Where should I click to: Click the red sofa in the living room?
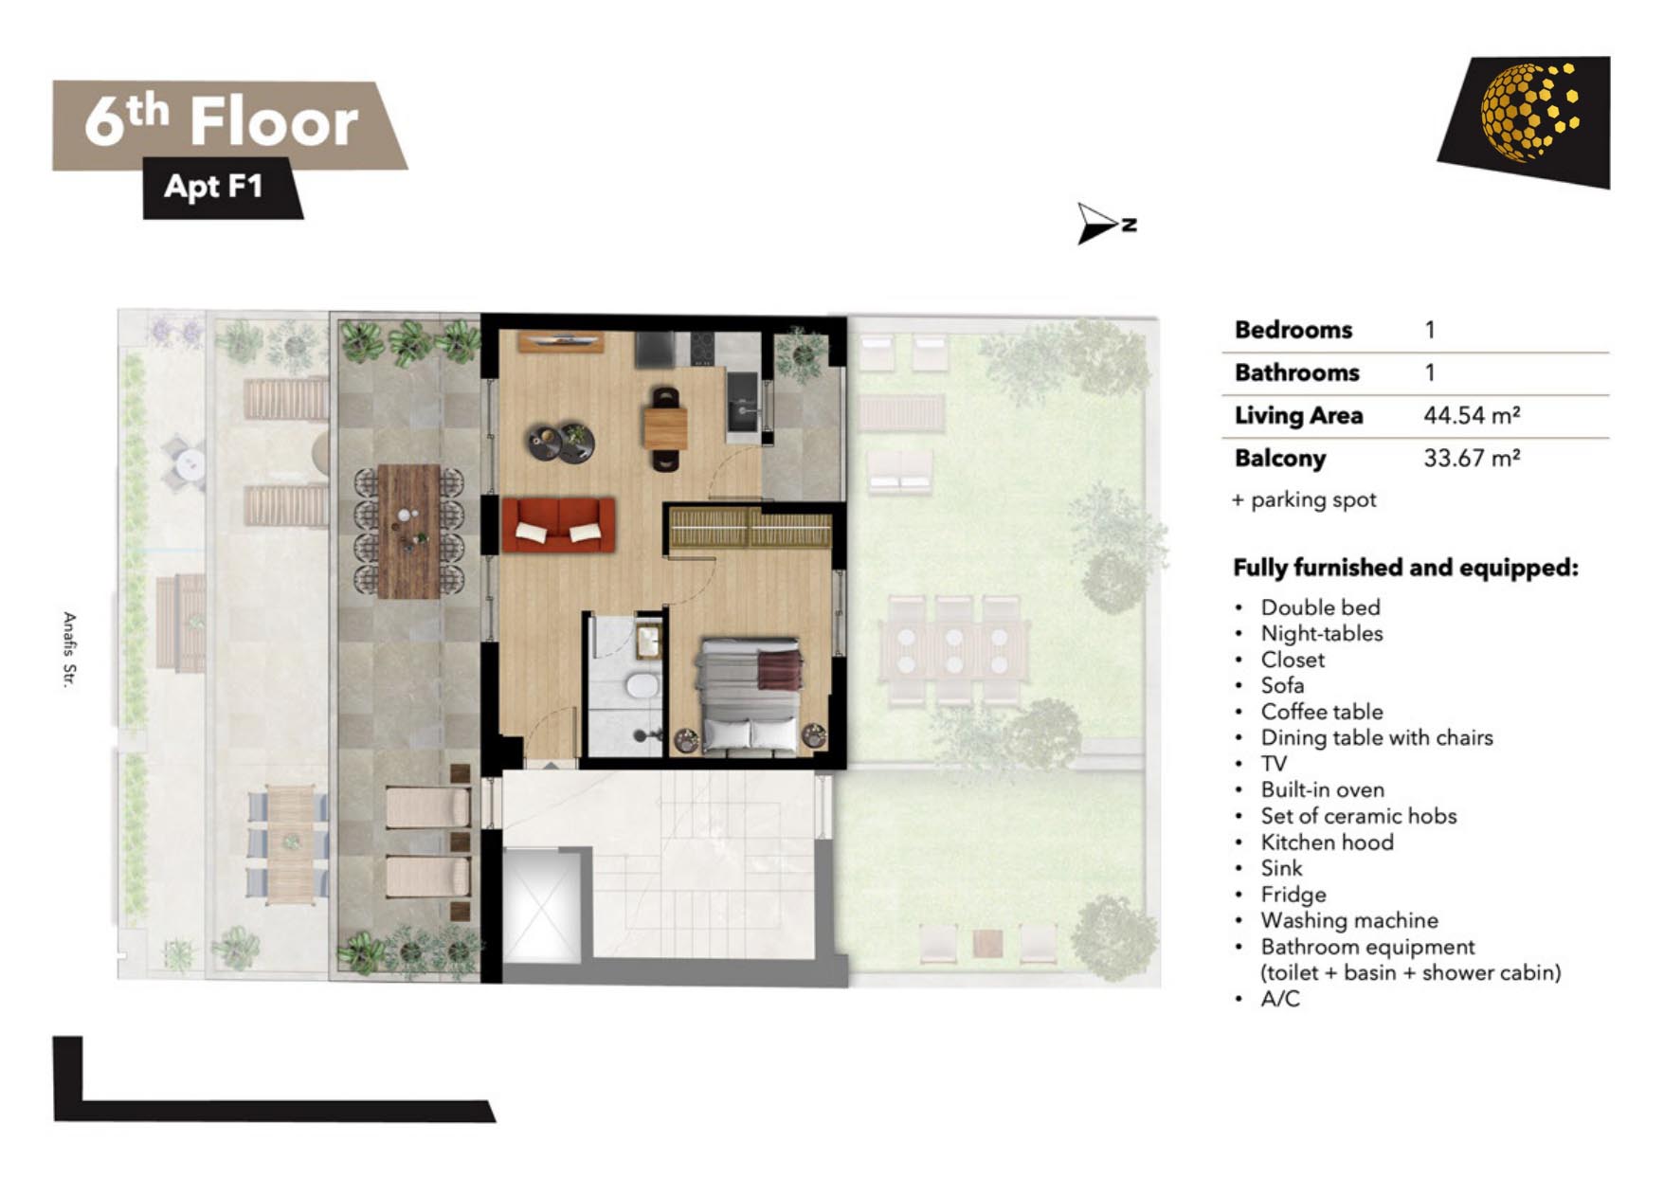[x=558, y=525]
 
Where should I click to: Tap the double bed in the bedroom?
[x=749, y=696]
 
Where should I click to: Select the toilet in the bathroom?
[x=642, y=684]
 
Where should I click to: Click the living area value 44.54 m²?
[x=1472, y=415]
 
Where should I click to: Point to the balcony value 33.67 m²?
[x=1472, y=458]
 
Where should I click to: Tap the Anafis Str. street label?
[x=68, y=649]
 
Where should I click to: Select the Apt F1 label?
[x=213, y=186]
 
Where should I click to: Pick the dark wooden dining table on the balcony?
[x=408, y=531]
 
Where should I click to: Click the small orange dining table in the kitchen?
[x=665, y=427]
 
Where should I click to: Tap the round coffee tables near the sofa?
[x=561, y=442]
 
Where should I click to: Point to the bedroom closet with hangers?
[x=751, y=528]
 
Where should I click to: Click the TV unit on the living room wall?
[x=560, y=340]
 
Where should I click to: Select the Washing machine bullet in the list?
[x=1348, y=920]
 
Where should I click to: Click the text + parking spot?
[x=1304, y=499]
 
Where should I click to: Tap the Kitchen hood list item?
[x=1327, y=842]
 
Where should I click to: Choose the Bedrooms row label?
[x=1293, y=330]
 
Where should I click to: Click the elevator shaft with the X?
[x=540, y=905]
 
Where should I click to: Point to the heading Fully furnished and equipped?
[x=1405, y=568]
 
